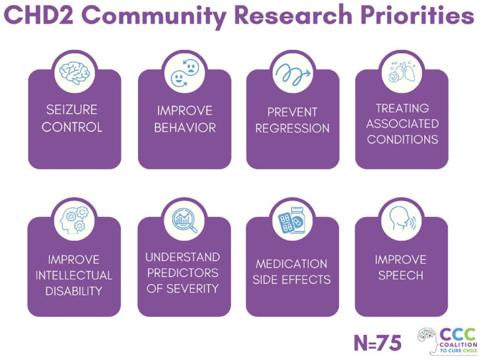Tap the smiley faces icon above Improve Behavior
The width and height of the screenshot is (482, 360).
pos(184,73)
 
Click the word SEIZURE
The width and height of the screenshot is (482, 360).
pos(72,112)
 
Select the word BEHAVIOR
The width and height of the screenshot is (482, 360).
pos(185,128)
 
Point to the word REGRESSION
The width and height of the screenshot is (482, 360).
pos(292,129)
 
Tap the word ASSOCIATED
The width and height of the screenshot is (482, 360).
pos(403,124)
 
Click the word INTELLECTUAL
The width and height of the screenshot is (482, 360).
pos(74,276)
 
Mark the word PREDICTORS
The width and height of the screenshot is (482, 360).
pos(184,273)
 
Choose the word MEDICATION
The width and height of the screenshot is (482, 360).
pos(292,263)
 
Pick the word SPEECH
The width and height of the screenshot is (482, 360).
pos(401,276)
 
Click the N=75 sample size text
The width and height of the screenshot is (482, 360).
pos(378,341)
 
